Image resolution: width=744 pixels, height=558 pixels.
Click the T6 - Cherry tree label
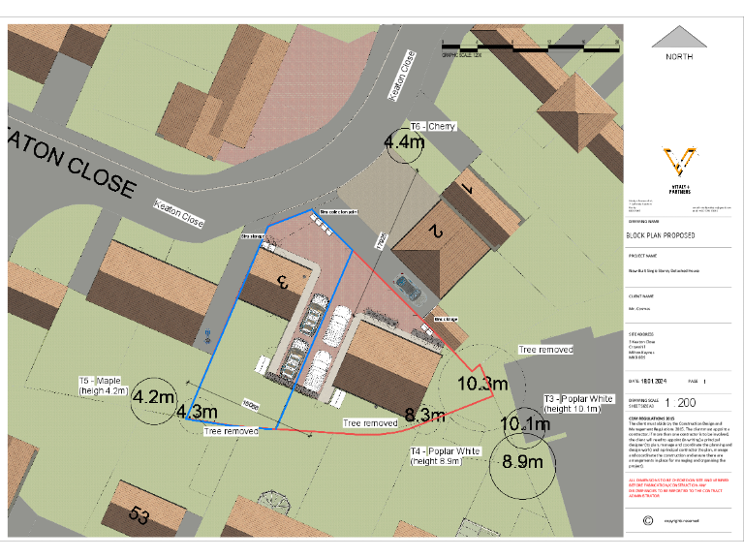point(432,127)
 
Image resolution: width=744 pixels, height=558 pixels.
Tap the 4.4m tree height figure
point(405,142)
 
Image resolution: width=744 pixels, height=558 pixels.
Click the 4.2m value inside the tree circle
point(153,397)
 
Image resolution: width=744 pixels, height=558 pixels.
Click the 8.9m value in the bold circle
point(522,462)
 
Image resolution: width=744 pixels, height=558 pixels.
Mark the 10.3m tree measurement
point(482,384)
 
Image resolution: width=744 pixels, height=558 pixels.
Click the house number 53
point(140,516)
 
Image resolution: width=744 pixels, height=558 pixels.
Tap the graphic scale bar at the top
point(528,46)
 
